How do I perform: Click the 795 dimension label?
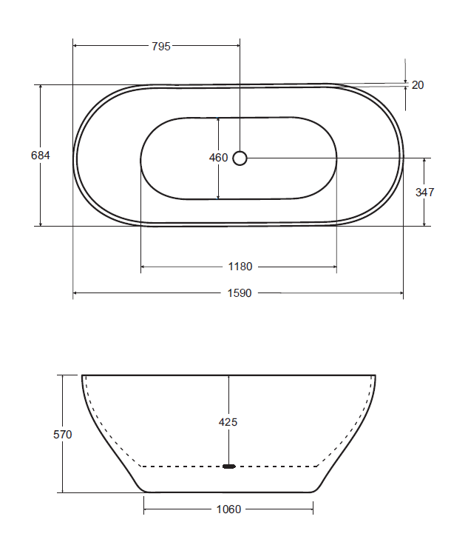point(161,46)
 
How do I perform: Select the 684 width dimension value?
point(40,156)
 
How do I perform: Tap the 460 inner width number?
point(218,158)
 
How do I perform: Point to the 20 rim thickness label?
point(418,85)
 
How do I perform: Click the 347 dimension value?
point(424,193)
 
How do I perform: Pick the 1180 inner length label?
point(240,267)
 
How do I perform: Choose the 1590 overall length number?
point(240,293)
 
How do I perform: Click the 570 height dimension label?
point(62,435)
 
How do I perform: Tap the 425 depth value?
point(228,422)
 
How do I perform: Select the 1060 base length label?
point(228,509)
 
